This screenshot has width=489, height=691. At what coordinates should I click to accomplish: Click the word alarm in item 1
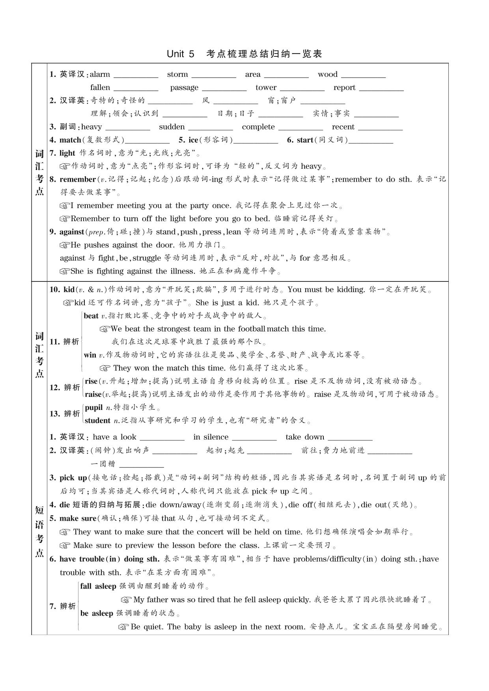point(100,75)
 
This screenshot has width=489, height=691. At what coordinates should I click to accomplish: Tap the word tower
point(266,88)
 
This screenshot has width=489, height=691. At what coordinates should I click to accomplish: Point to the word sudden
point(172,127)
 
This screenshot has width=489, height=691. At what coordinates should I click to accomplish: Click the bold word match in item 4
point(70,140)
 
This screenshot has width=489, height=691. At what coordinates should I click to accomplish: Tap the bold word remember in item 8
point(78,179)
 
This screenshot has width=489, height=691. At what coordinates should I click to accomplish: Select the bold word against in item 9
point(72,232)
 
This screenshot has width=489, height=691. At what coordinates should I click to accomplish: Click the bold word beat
point(91,316)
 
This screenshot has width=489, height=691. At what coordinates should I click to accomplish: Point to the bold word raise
point(93,394)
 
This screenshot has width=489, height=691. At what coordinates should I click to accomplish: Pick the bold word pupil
point(94,408)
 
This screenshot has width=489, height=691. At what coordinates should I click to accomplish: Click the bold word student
point(97,421)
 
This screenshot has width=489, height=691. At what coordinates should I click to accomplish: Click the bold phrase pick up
point(73,478)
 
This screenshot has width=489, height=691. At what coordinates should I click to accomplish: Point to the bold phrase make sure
point(78,518)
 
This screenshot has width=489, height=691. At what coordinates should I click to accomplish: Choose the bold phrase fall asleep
point(98,586)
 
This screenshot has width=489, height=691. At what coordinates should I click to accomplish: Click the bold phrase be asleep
point(97,613)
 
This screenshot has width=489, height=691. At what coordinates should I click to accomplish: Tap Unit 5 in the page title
point(181,54)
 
